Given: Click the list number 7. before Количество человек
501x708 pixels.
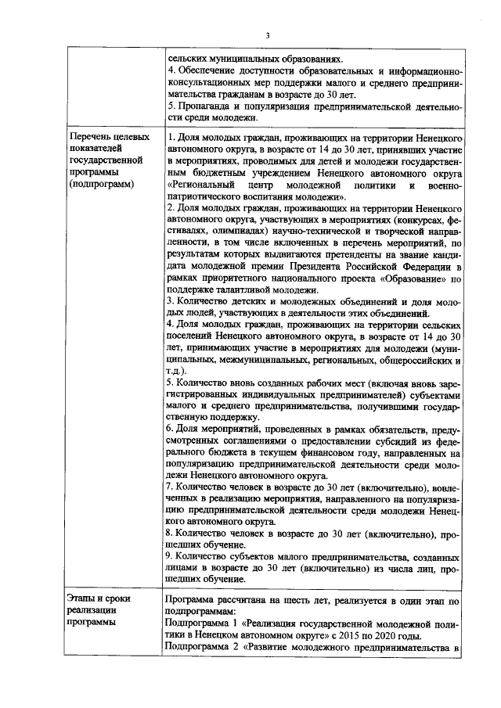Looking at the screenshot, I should point(171,485).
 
